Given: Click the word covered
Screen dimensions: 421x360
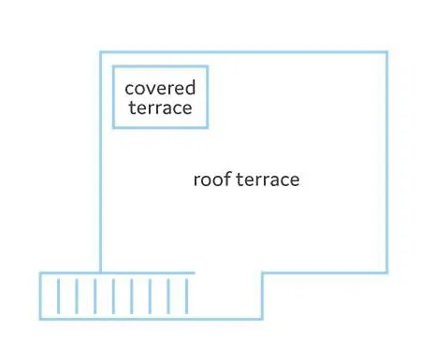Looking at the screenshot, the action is (x=160, y=88).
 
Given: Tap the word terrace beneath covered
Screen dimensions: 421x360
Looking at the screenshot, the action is (x=160, y=108).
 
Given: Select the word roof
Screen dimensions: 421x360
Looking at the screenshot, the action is (x=212, y=179).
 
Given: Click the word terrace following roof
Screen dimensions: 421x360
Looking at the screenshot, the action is (x=268, y=180).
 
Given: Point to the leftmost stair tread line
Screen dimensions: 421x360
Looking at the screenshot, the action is (x=58, y=296).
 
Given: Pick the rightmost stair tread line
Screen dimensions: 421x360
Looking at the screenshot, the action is (x=187, y=296).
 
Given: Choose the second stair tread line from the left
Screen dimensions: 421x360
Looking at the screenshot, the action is (x=77, y=296).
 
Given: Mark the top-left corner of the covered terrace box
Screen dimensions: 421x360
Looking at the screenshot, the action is (x=113, y=66).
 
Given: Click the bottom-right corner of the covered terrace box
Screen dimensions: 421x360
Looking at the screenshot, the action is (x=208, y=127).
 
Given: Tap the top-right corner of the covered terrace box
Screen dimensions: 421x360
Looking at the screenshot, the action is (x=208, y=66).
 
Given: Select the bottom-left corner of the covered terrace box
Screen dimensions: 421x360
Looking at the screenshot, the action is (x=113, y=127).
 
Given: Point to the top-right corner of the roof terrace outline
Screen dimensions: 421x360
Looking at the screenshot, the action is (x=387, y=52).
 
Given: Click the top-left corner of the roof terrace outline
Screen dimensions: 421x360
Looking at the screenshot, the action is (x=100, y=52).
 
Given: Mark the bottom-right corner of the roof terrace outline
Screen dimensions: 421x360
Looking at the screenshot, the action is (x=387, y=273).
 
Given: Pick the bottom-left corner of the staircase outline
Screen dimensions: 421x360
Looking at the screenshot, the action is (x=40, y=319).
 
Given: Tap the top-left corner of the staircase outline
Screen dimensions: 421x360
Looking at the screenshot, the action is (x=40, y=273).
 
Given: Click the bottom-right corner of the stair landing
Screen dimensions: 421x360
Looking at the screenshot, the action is (x=262, y=319).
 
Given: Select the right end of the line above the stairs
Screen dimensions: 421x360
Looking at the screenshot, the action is (x=195, y=273).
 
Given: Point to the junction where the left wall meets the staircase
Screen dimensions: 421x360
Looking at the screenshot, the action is (x=100, y=273).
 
